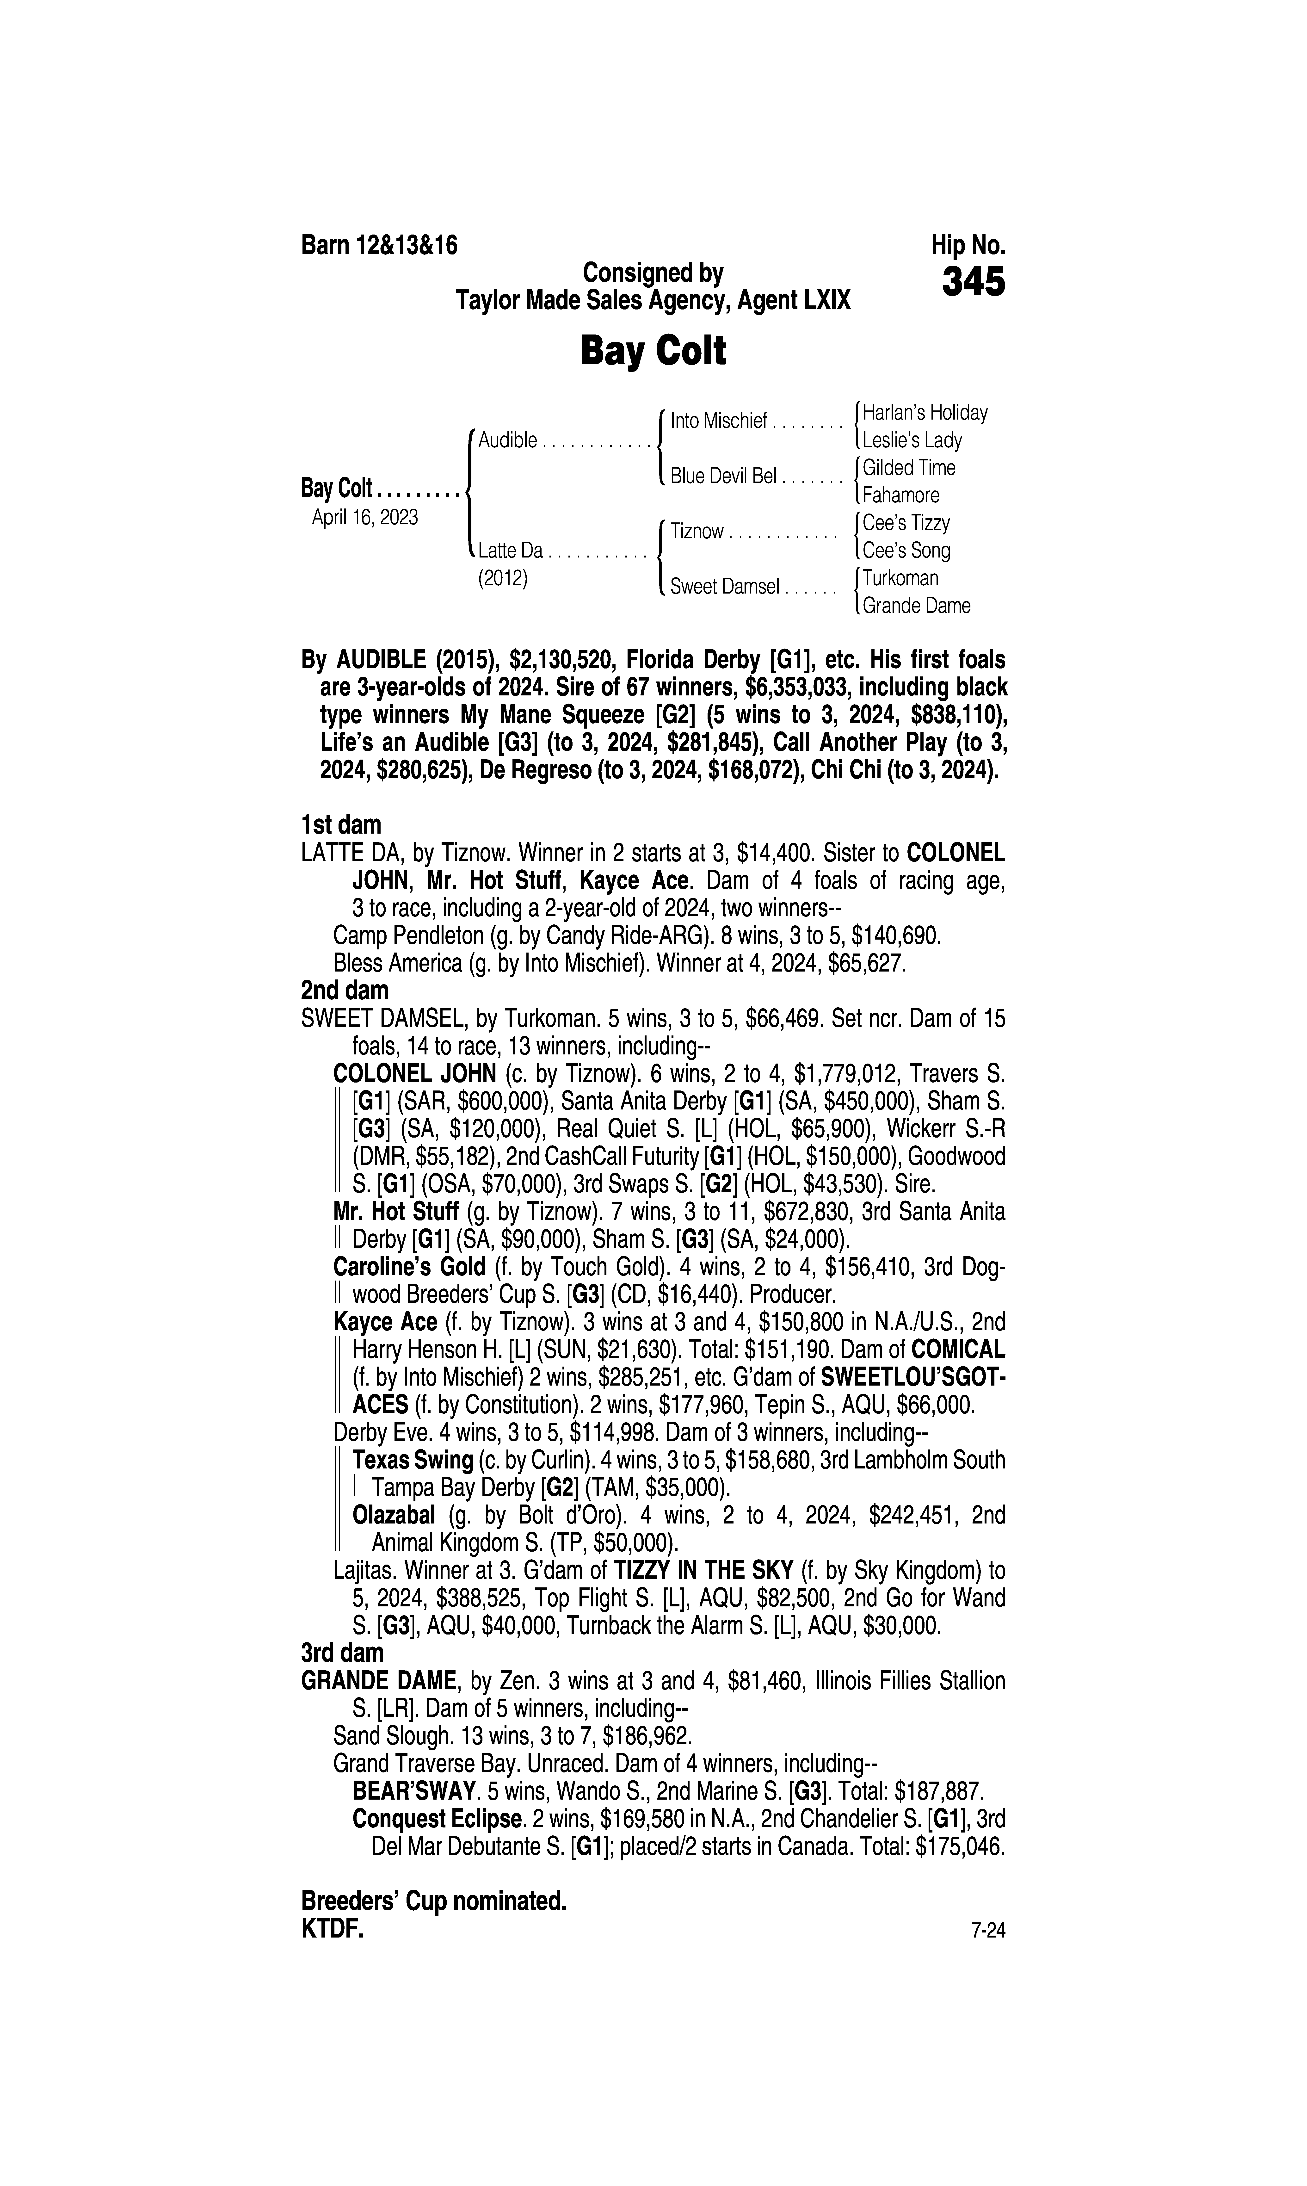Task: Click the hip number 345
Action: point(973,283)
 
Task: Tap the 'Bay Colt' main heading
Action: point(653,351)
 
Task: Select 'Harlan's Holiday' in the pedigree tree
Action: point(925,412)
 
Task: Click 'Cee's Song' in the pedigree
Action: point(906,551)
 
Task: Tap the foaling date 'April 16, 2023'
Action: point(365,517)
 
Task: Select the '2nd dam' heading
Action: point(344,991)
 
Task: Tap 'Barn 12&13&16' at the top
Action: point(380,245)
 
